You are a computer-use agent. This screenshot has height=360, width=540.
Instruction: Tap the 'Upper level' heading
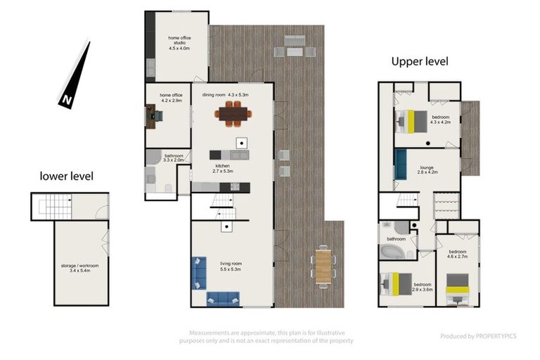click(x=420, y=61)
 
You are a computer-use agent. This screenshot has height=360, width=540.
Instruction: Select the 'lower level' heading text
click(x=66, y=176)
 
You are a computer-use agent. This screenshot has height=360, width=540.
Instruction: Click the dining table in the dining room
click(x=233, y=113)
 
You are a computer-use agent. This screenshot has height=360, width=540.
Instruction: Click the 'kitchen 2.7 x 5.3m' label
click(x=222, y=167)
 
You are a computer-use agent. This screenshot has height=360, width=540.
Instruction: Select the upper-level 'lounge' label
click(x=427, y=169)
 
